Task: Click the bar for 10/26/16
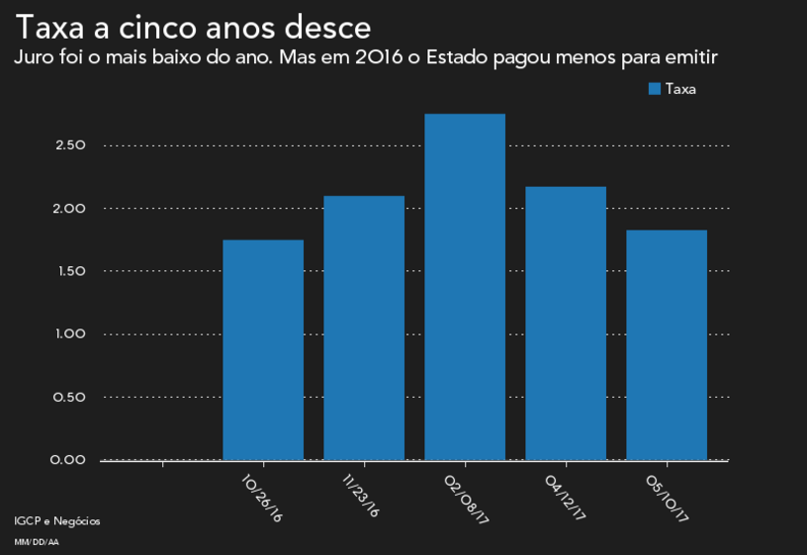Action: (x=263, y=350)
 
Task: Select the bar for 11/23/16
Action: (x=364, y=328)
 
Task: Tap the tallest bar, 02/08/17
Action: (x=465, y=287)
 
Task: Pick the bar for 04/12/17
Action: (x=566, y=324)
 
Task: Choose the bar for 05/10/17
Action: (x=667, y=345)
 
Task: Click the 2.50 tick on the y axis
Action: (x=72, y=145)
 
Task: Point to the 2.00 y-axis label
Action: (x=72, y=209)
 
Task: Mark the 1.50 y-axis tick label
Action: (x=72, y=271)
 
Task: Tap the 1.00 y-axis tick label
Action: (x=72, y=334)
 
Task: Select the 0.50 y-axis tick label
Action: (x=72, y=397)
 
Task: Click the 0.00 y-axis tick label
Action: (x=72, y=460)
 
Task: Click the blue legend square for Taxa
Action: (x=654, y=89)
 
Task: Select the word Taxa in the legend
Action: (x=680, y=89)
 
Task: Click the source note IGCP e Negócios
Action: (x=57, y=521)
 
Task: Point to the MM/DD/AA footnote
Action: (x=36, y=542)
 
